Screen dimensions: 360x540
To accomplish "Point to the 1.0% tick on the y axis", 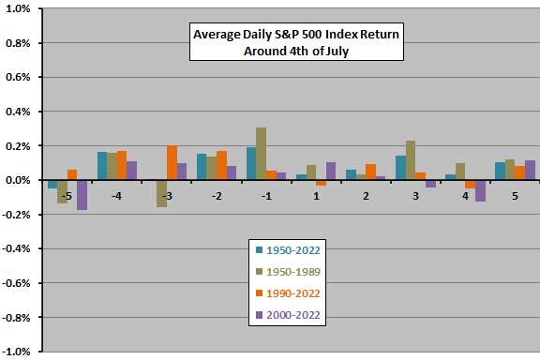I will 20,8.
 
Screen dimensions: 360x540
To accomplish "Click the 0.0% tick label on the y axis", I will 20,180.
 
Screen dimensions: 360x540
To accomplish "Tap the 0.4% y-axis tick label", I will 20,112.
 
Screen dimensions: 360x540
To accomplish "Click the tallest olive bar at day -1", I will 261,154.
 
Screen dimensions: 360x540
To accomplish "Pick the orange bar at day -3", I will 172,163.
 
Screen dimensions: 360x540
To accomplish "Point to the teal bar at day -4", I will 102,166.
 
